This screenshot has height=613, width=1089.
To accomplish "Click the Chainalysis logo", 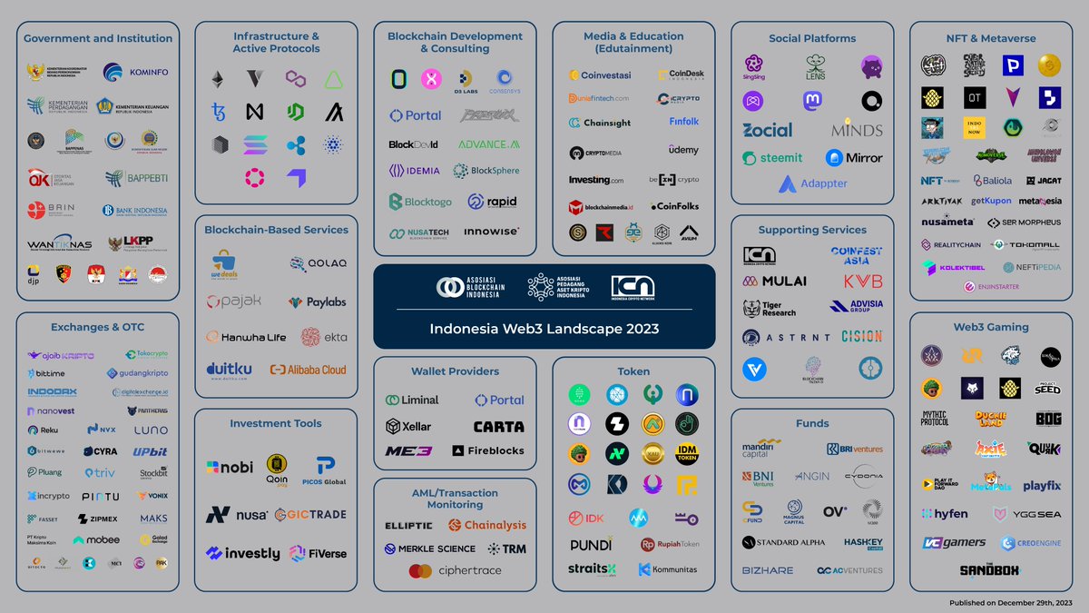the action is click(x=488, y=525).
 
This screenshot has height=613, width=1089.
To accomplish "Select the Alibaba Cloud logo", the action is click(x=308, y=370).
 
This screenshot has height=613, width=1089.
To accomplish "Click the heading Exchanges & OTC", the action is click(x=97, y=327).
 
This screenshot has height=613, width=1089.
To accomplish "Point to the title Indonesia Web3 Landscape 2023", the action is click(x=544, y=328).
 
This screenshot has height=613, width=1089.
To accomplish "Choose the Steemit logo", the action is click(x=772, y=158).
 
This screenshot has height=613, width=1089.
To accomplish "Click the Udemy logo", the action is click(x=683, y=149).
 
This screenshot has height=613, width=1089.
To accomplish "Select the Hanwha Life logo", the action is click(x=246, y=337).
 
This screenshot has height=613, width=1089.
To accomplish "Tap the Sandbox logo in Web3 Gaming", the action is click(x=989, y=570).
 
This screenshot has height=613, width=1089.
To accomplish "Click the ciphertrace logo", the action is click(x=455, y=571).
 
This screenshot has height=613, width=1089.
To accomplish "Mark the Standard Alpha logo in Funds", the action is click(x=784, y=542).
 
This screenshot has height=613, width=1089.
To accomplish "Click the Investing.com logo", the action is click(x=596, y=180).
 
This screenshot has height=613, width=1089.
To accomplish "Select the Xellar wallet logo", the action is click(x=408, y=426).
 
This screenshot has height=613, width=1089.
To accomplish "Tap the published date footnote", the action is click(x=1009, y=603).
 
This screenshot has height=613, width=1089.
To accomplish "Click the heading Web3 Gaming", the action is click(x=991, y=327).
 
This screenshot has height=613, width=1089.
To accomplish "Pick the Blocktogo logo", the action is click(x=420, y=202).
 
